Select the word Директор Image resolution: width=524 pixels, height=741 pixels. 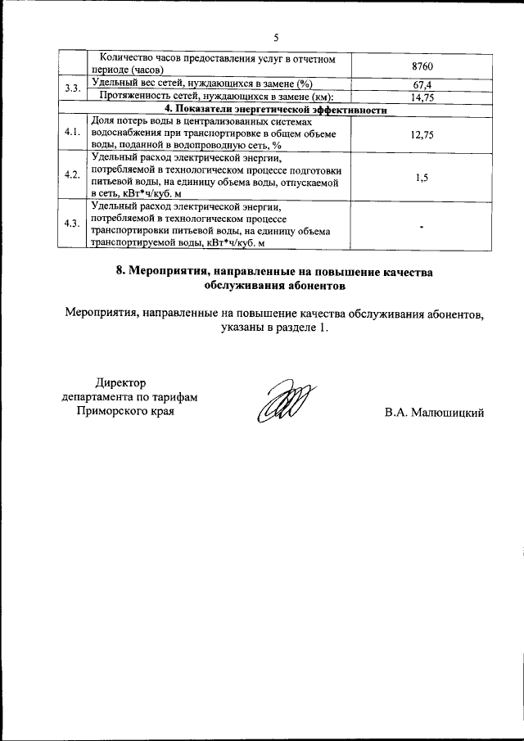point(120,382)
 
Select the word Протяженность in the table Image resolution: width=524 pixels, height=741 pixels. point(137,96)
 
